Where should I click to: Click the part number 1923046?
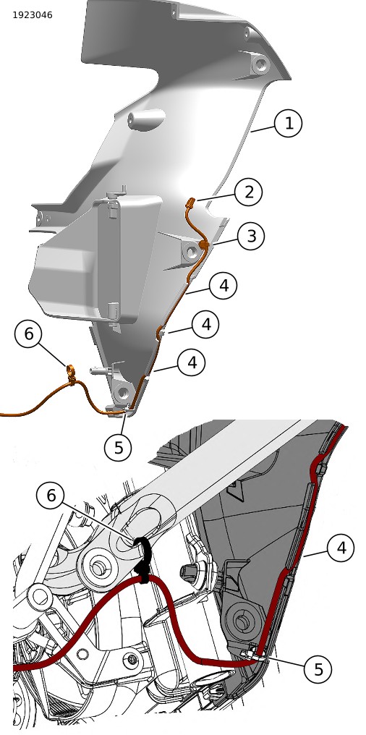[x=33, y=15]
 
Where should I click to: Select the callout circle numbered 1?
[x=288, y=123]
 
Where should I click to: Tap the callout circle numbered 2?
[x=248, y=192]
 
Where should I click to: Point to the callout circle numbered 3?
[x=251, y=237]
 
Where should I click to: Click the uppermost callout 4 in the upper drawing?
[x=224, y=286]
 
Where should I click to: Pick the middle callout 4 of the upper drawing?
[x=205, y=324]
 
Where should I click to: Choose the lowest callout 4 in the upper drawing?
[x=192, y=362]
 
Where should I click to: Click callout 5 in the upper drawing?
[x=119, y=447]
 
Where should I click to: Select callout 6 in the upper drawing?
[x=29, y=333]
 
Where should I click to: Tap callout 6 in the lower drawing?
[x=51, y=496]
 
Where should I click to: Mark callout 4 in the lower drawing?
[x=341, y=548]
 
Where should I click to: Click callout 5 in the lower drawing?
[x=318, y=669]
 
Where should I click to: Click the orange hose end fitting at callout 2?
[x=190, y=203]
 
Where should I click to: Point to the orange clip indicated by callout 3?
[x=203, y=245]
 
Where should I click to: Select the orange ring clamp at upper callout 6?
[x=70, y=371]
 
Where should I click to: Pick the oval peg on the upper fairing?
[x=145, y=118]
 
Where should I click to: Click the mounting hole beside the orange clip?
[x=191, y=252]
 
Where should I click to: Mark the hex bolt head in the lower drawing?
[x=188, y=572]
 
